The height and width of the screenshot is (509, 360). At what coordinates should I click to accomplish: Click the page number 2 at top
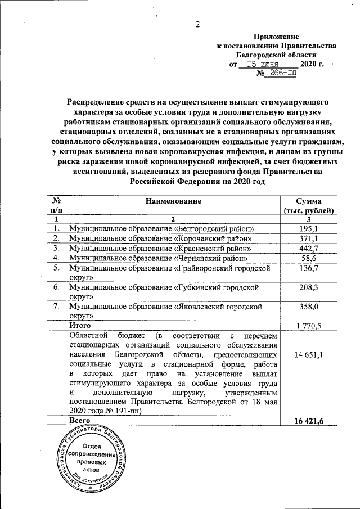pyautogui.click(x=197, y=24)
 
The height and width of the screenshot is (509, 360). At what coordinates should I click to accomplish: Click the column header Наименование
pyautogui.click(x=173, y=201)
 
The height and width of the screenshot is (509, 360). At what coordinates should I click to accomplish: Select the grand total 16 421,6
pyautogui.click(x=309, y=420)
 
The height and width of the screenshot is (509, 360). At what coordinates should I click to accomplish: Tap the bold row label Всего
pyautogui.click(x=79, y=420)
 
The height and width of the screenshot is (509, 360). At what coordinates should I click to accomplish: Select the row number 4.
pyautogui.click(x=56, y=258)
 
